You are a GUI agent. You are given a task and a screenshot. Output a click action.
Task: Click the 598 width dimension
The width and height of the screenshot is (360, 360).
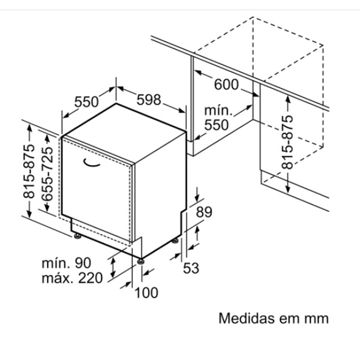tap(149, 100)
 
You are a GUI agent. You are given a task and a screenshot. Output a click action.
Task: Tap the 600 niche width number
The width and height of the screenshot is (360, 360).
tap(226, 84)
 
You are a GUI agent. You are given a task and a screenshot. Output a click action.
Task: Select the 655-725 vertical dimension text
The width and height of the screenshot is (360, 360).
tap(47, 173)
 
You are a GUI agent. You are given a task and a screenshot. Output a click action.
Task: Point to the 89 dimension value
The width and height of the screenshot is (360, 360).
tap(204, 212)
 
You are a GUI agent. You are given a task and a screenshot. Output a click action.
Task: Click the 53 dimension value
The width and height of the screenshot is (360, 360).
tap(191, 268)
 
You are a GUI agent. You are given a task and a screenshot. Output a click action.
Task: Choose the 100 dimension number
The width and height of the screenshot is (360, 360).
tap(146, 293)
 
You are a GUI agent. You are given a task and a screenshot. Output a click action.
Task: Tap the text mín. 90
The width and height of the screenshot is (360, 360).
tap(67, 263)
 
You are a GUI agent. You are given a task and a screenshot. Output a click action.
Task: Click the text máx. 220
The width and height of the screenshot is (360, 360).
tap(72, 278)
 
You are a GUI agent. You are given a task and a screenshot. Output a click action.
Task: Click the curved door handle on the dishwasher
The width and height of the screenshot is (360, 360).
tap(91, 163)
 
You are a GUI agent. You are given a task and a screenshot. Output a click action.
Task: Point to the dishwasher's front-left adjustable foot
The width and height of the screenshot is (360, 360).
tap(77, 236)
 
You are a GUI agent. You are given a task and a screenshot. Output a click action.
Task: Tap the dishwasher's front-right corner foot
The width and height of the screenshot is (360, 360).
tap(140, 262)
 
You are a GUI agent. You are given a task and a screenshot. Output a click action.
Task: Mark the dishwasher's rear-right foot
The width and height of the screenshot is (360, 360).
tap(175, 241)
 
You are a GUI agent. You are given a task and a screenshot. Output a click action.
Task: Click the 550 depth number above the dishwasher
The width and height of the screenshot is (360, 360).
tap(86, 102)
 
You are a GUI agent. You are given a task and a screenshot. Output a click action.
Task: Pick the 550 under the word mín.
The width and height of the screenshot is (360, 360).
tap(217, 125)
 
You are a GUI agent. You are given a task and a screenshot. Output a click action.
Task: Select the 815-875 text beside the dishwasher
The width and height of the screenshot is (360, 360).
tap(29, 171)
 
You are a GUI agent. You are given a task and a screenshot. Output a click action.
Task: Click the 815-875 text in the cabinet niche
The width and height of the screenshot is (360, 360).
tap(287, 142)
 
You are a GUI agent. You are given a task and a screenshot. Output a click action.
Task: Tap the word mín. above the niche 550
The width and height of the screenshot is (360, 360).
tap(218, 110)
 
